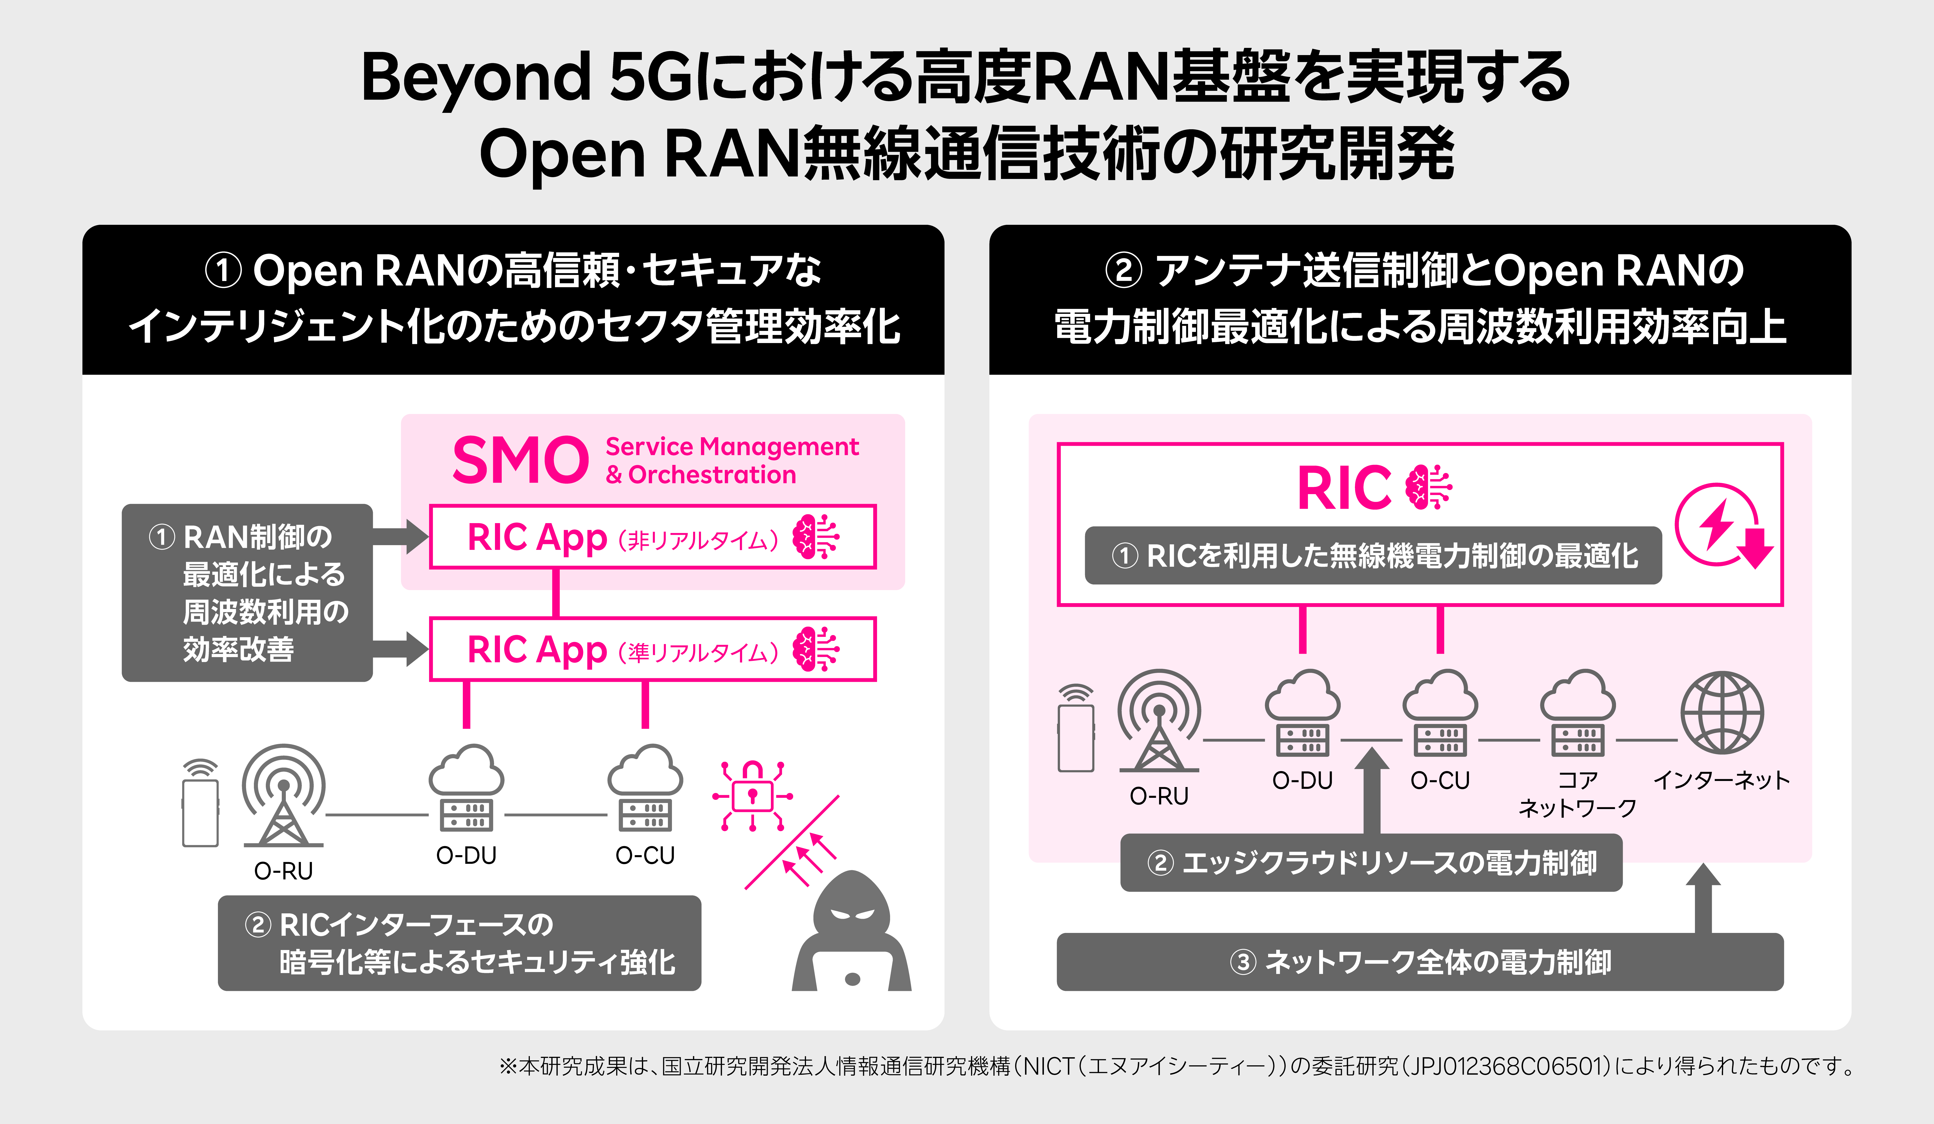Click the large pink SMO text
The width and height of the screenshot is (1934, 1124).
click(x=520, y=460)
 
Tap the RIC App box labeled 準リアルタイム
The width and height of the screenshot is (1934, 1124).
click(x=652, y=649)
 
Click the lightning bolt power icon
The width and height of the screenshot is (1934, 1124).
click(x=1723, y=526)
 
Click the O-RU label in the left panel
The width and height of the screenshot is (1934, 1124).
click(x=283, y=871)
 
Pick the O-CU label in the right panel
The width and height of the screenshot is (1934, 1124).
click(x=1440, y=780)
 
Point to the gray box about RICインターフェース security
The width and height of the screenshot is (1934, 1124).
click(x=459, y=943)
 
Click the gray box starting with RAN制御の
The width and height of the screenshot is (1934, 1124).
click(x=247, y=592)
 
